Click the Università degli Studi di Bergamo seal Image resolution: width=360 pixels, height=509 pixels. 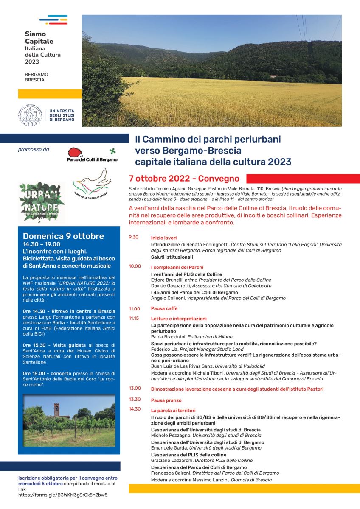(x=31, y=115)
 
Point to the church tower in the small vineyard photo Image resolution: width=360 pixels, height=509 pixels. (x=56, y=410)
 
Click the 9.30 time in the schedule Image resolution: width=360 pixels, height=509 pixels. (x=134, y=237)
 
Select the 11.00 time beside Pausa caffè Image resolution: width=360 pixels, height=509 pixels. (x=135, y=309)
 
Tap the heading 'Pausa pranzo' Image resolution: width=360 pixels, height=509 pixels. (x=166, y=400)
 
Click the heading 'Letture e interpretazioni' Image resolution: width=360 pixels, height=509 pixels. (x=179, y=319)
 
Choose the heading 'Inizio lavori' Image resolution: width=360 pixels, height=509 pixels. (x=163, y=238)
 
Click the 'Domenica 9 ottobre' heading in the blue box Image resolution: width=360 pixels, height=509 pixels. (x=63, y=236)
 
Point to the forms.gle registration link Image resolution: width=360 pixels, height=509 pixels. (x=63, y=495)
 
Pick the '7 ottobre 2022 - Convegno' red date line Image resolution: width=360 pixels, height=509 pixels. (x=184, y=179)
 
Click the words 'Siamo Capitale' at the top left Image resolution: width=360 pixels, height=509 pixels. (x=39, y=37)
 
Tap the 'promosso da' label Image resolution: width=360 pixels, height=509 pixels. (x=34, y=149)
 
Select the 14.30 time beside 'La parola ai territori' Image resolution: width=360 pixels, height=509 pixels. (x=135, y=409)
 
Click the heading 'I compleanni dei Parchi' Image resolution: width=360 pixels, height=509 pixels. (x=177, y=267)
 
